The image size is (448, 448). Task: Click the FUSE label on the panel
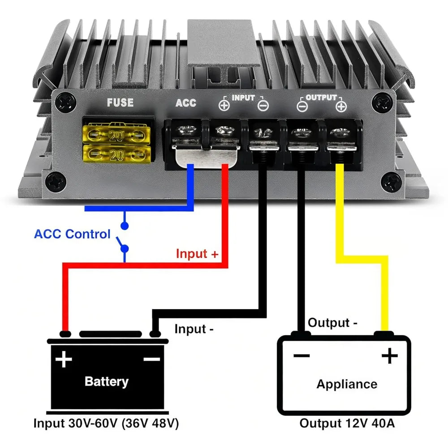(120, 102)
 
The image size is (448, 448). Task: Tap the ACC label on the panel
(186, 103)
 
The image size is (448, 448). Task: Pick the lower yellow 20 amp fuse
(116, 154)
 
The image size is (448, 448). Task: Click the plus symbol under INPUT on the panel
(224, 105)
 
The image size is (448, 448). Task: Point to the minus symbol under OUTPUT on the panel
(302, 107)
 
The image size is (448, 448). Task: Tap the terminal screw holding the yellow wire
(340, 132)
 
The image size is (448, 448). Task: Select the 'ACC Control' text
(72, 234)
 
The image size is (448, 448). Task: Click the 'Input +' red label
(197, 254)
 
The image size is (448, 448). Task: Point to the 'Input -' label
(194, 329)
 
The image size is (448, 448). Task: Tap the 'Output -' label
(332, 323)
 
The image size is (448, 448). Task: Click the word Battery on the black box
(107, 381)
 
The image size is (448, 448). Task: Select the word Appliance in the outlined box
(347, 384)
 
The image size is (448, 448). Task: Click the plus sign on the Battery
(64, 359)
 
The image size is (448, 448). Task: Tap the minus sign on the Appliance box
(302, 355)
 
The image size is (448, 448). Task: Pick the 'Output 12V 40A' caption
(347, 423)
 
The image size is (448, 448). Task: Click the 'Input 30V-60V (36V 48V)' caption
(106, 423)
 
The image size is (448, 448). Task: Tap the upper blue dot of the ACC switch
(125, 226)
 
